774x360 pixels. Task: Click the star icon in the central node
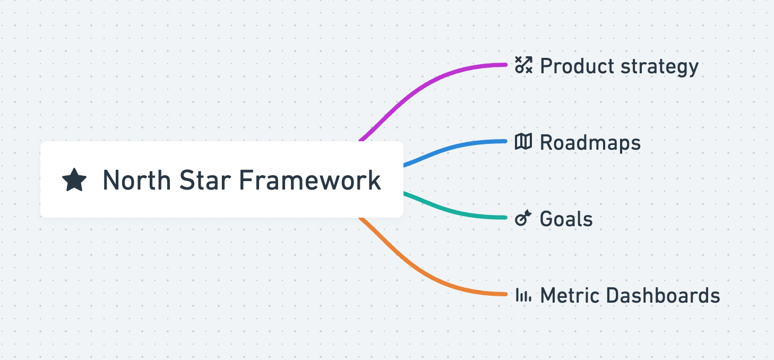tap(74, 180)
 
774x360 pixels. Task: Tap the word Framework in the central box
tap(309, 181)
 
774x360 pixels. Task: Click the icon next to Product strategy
tap(523, 66)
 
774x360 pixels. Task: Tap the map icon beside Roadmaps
tap(523, 142)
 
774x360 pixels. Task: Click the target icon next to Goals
tap(523, 218)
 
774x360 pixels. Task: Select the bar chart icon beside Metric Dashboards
tap(523, 295)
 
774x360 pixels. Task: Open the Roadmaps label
tap(590, 143)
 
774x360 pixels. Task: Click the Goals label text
tap(566, 219)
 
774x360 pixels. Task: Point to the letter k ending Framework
tap(375, 181)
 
